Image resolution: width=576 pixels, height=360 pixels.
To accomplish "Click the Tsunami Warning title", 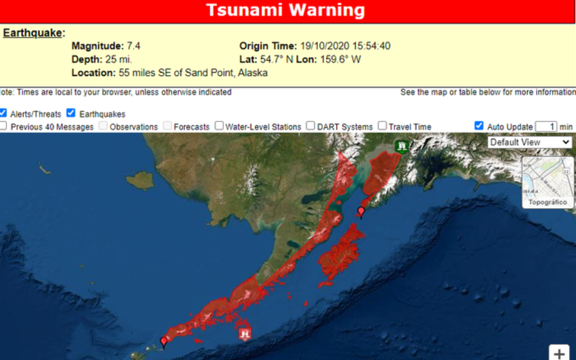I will click(x=285, y=10).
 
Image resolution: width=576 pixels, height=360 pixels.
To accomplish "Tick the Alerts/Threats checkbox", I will click(x=3, y=113).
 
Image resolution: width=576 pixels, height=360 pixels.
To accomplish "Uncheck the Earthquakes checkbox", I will click(x=71, y=113).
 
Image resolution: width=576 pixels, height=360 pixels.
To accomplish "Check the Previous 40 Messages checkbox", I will click(x=3, y=126).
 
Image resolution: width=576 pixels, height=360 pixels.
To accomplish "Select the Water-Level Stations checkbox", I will click(x=219, y=126).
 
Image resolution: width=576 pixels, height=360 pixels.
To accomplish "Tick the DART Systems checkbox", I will click(x=310, y=126).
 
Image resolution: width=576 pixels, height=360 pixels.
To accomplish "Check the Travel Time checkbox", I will click(x=382, y=126).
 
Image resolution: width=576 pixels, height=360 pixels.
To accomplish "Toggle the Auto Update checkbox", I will click(x=479, y=126).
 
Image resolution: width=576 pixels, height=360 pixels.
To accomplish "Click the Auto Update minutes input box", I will click(x=546, y=127).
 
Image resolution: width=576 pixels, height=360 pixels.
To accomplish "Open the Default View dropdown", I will click(x=530, y=142).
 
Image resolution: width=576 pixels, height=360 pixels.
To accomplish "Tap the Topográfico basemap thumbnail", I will click(x=548, y=181).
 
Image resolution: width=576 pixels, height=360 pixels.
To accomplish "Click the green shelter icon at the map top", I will click(x=402, y=147).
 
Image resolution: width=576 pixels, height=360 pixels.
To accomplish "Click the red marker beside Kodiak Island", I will click(x=361, y=212).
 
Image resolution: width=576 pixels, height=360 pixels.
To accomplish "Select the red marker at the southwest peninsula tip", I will click(x=164, y=341).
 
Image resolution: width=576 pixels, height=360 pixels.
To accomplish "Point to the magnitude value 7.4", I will click(x=133, y=46).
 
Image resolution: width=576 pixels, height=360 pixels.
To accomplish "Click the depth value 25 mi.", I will click(x=119, y=59).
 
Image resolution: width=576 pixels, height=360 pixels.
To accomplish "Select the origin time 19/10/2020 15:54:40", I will click(x=345, y=46).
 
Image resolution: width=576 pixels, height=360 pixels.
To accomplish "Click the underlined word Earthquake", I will click(x=32, y=33).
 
